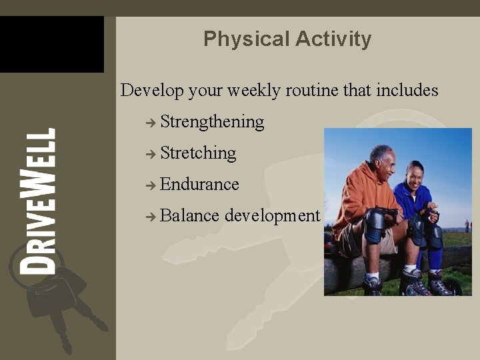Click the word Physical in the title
coord(235,39)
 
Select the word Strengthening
coord(212,122)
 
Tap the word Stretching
coord(198,153)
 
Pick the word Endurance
coord(199,184)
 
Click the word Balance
coord(189,215)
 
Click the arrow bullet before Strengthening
coord(151,123)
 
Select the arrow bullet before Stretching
coord(151,154)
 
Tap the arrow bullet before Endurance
coord(151,185)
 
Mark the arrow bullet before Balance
coord(151,216)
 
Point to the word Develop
coord(151,91)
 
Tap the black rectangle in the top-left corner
coord(51,44)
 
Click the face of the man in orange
coord(382,161)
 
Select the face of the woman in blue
coord(414,177)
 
